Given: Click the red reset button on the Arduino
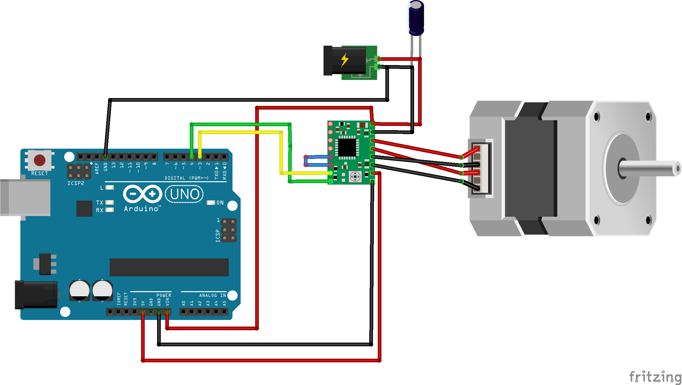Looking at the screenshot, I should point(40,160).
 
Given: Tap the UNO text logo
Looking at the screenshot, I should point(184,194).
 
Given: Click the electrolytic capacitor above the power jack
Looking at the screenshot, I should point(416,18).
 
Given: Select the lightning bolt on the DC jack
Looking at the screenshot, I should point(344,60).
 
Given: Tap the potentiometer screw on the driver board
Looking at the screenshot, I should point(355,176).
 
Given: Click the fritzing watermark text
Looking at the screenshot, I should point(655,377).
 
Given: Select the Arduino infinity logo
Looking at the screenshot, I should point(143,194).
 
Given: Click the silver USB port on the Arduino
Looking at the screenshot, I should point(26,197).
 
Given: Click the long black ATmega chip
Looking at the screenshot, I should point(169,267).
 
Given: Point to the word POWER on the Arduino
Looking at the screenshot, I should point(163,295).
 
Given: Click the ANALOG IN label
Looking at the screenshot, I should point(212,295).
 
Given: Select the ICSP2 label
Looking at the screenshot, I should point(76,183).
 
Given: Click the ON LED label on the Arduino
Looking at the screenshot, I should point(220,202).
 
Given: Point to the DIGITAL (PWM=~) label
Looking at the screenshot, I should point(186,178).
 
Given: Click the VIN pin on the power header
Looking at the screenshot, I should point(167,312).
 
